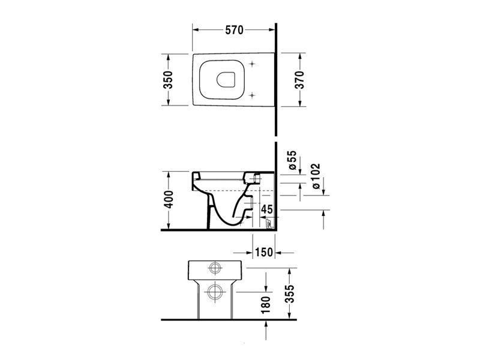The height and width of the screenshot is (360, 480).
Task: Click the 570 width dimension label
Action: (234, 30)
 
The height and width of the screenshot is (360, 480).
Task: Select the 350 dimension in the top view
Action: (168, 80)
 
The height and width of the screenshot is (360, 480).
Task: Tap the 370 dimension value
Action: (300, 80)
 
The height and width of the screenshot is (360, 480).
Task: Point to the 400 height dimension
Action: (169, 200)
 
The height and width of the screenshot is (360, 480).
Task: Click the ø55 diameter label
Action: (292, 160)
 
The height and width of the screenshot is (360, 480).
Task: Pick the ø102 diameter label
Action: (316, 176)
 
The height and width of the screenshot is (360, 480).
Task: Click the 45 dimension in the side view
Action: (266, 209)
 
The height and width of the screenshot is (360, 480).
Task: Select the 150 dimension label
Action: (263, 252)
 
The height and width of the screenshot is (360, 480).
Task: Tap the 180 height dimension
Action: (266, 304)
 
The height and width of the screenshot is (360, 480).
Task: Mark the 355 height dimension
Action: (289, 293)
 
